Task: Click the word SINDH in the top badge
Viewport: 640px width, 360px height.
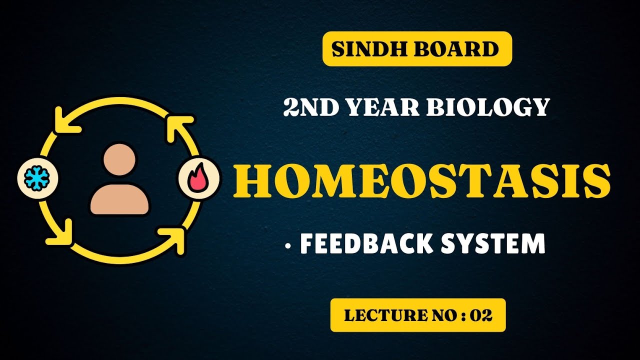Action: [x=367, y=49]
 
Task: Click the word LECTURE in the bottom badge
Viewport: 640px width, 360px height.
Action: [x=376, y=315]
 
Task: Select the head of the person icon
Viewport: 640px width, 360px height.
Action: [x=119, y=159]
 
